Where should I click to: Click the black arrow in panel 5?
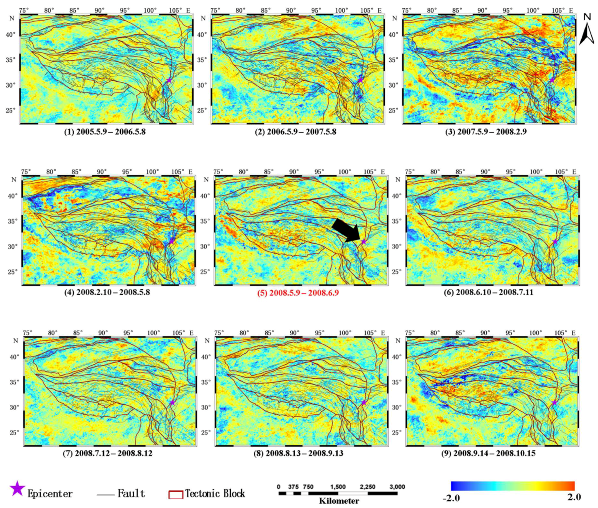[346, 230]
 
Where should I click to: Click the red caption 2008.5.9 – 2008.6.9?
[298, 293]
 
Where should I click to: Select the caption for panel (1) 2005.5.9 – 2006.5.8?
[105, 132]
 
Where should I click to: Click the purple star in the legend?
[17, 489]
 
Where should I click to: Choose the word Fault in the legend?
[131, 493]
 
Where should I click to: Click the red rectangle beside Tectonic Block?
[176, 494]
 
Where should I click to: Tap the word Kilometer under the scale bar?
[339, 501]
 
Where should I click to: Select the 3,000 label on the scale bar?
[397, 487]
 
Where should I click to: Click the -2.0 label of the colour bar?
[451, 498]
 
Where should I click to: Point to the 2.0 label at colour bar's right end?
[574, 497]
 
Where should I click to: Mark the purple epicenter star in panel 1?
[169, 80]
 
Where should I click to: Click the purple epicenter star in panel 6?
[555, 242]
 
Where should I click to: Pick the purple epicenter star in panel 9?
[555, 403]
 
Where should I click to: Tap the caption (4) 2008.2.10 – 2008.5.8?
[107, 292]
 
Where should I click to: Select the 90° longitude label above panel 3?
[482, 10]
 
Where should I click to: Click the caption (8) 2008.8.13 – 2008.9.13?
[298, 453]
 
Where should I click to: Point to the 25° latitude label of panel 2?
[202, 111]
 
